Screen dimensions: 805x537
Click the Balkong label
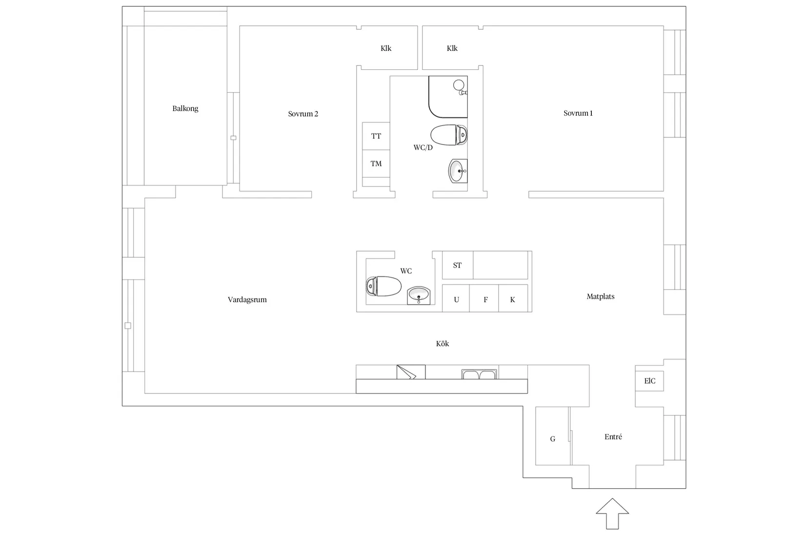[185, 109]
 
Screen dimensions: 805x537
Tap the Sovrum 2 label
[303, 114]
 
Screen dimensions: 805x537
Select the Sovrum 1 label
[578, 113]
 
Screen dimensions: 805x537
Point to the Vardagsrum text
[247, 300]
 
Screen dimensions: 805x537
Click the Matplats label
[601, 297]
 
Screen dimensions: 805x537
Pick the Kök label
[443, 344]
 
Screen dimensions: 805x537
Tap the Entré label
[613, 437]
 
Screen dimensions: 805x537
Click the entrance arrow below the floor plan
[612, 514]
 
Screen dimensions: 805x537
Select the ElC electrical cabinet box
[649, 381]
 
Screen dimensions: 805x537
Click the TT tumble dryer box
[376, 136]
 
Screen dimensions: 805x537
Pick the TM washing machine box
[376, 164]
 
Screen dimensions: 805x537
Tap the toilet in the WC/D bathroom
[449, 135]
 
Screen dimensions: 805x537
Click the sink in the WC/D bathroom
[458, 171]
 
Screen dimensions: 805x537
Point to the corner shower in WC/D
[448, 97]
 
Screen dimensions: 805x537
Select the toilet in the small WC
[384, 286]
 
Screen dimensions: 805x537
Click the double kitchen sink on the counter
[479, 374]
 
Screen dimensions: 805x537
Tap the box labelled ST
[458, 265]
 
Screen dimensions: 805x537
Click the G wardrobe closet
[552, 436]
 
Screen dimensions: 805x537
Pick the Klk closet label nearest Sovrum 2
[386, 48]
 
